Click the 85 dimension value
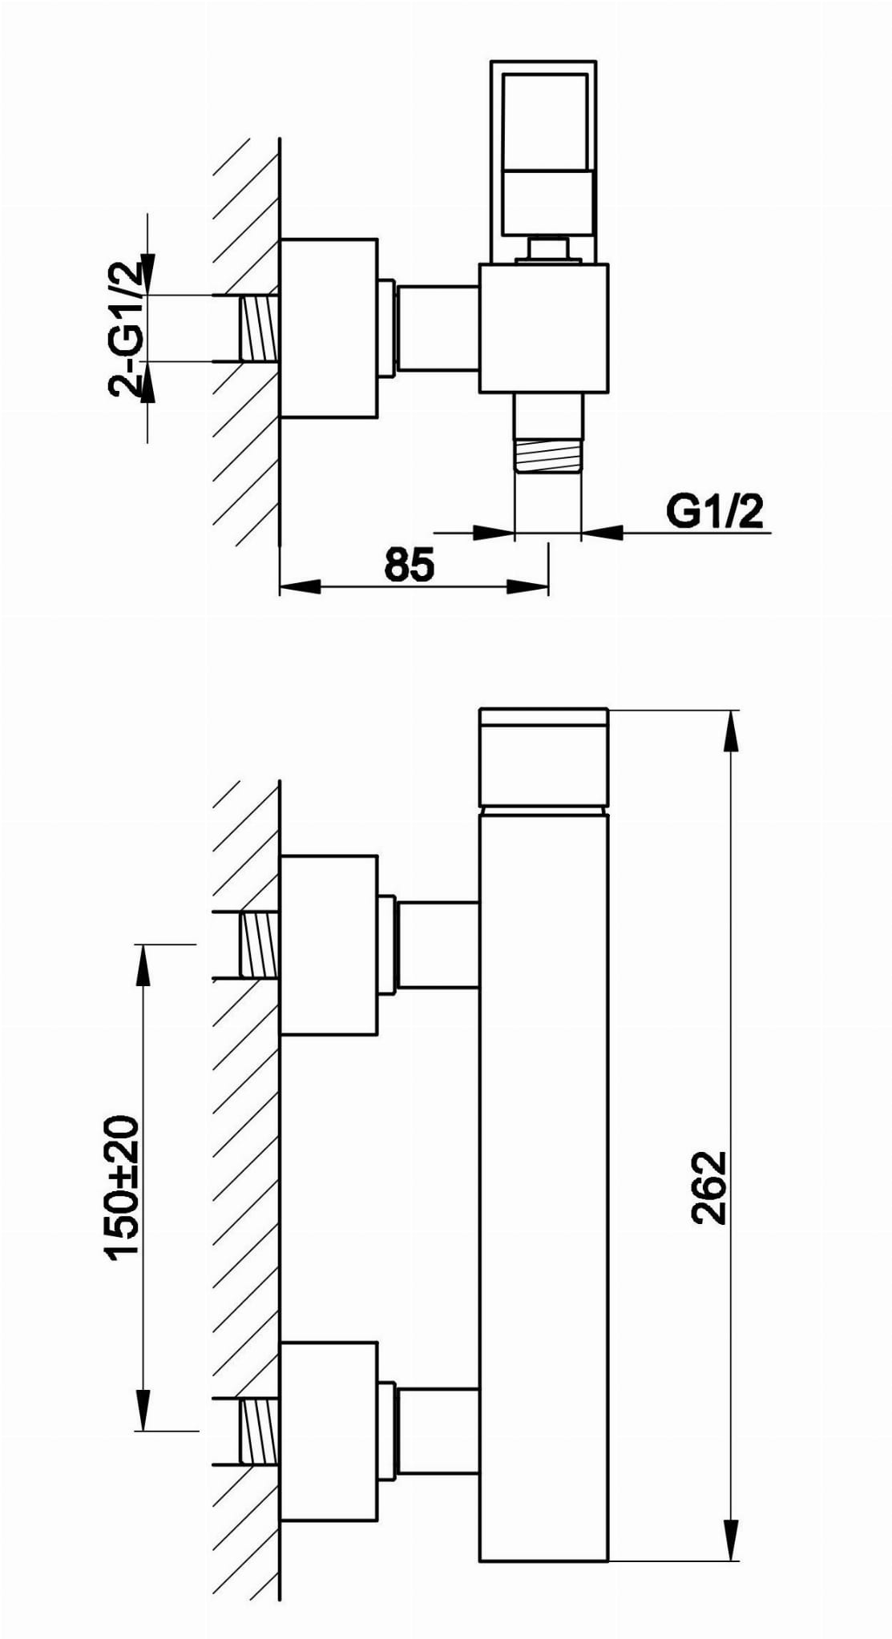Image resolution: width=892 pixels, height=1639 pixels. [409, 564]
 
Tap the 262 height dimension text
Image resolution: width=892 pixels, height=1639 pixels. [708, 1187]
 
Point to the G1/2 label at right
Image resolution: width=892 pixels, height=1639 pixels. [715, 511]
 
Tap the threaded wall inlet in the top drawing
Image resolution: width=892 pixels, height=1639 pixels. [258, 328]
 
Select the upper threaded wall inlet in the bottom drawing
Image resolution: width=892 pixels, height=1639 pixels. [258, 945]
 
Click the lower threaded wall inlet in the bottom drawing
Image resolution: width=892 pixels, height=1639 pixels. [258, 1432]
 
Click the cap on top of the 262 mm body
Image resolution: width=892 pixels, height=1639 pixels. [543, 757]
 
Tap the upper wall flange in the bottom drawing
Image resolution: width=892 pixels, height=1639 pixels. [329, 945]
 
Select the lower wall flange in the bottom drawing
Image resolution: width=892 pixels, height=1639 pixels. [329, 1432]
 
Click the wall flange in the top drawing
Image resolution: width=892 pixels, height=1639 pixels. [329, 328]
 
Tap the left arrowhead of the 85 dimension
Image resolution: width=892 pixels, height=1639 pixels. [298, 587]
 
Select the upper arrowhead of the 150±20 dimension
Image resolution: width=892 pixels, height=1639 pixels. [143, 963]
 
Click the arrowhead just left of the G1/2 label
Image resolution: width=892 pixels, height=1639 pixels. [602, 532]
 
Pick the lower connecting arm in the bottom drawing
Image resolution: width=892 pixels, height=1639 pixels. [438, 1432]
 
